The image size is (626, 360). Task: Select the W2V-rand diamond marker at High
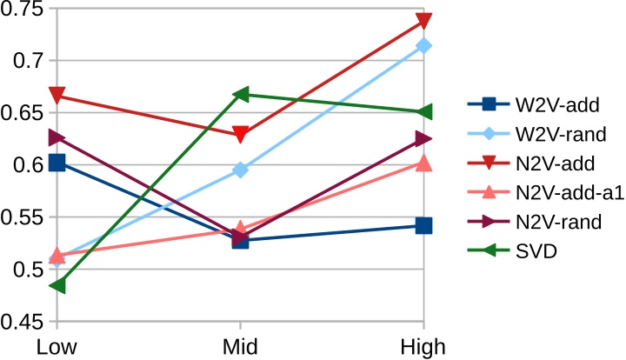click(x=423, y=45)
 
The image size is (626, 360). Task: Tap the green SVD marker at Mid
click(x=240, y=94)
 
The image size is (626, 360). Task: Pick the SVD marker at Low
click(x=57, y=285)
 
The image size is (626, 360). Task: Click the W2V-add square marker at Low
click(x=57, y=163)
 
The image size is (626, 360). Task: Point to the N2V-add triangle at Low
click(x=57, y=96)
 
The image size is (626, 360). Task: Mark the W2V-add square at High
click(x=423, y=226)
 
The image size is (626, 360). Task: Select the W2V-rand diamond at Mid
click(x=240, y=170)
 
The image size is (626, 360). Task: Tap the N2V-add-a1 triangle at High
click(x=423, y=163)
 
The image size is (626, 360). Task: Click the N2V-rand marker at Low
click(x=57, y=137)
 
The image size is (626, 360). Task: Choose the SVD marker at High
click(x=423, y=112)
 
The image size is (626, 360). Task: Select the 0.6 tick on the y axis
click(x=28, y=165)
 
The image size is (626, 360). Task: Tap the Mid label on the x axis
click(x=240, y=346)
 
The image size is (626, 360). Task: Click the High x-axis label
click(x=423, y=346)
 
